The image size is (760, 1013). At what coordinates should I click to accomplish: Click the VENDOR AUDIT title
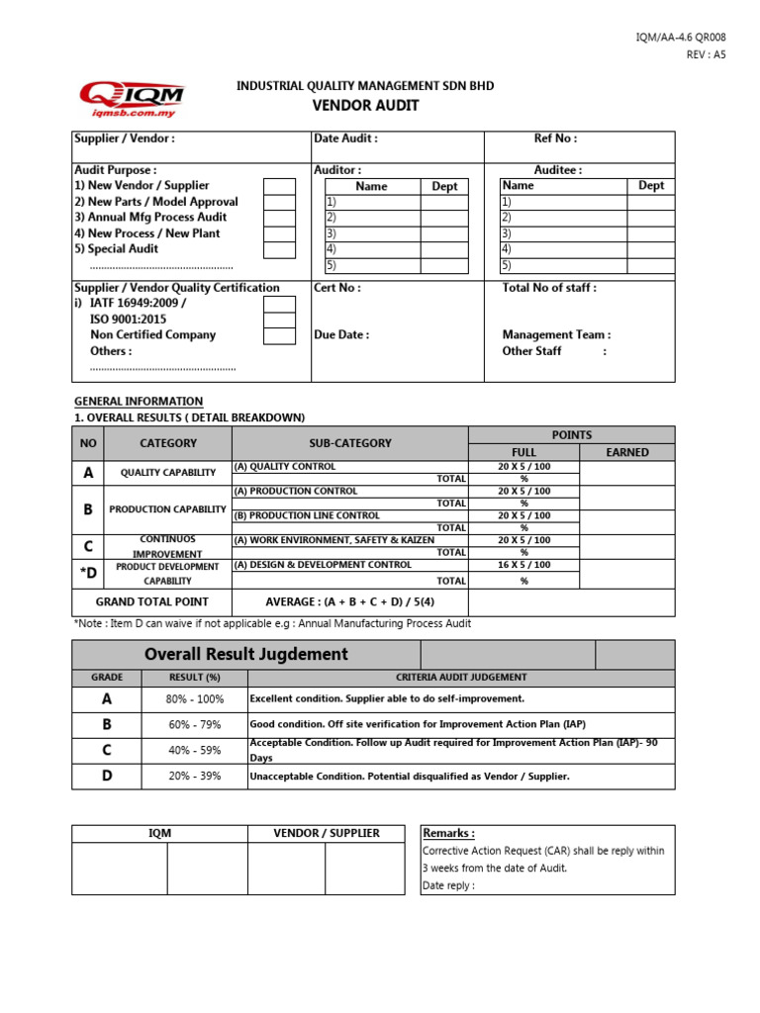pos(365,106)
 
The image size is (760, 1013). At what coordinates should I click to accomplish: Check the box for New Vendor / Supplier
pos(279,186)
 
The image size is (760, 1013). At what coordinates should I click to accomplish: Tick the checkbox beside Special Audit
pos(279,249)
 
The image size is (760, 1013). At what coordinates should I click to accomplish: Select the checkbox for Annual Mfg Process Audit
pos(279,218)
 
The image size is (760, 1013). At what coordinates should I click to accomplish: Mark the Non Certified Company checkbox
pos(279,335)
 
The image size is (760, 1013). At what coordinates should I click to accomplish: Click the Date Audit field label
pos(345,139)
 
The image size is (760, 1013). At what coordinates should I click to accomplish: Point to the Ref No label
pos(555,139)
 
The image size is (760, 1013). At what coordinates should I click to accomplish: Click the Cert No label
pos(337,288)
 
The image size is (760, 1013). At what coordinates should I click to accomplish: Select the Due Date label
pos(341,335)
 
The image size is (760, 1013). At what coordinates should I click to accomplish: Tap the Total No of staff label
pos(549,288)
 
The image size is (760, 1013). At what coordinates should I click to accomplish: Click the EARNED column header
pos(626,452)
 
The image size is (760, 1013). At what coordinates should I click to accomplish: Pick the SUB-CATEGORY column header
pos(349,443)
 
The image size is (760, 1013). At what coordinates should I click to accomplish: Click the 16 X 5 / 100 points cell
pos(523,565)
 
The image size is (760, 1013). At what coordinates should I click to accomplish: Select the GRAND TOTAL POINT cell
pos(151,601)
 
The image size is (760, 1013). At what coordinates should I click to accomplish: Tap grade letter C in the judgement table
pos(107,750)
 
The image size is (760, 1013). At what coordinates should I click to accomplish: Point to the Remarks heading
pos(448,833)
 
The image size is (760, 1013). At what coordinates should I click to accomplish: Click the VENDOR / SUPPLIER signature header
pos(326,833)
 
